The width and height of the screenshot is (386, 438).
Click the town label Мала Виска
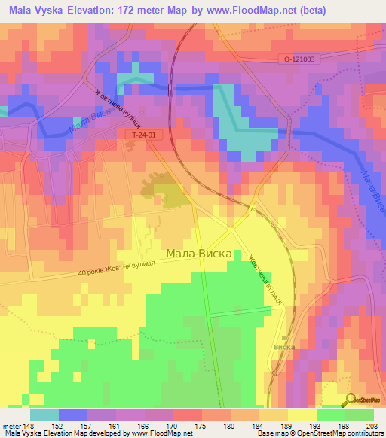199,254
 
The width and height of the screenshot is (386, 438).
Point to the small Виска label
284,348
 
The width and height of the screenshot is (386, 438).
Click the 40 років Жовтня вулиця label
116,267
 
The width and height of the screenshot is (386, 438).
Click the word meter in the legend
10,425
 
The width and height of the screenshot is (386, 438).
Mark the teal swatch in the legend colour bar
44,415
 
